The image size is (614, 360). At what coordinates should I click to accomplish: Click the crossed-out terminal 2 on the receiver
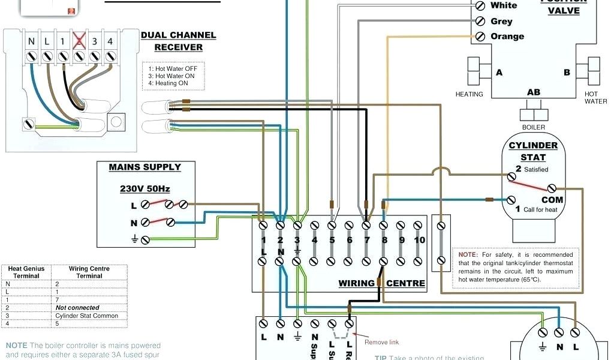pos(78,41)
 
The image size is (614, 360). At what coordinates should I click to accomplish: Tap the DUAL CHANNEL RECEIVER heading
pos(179,41)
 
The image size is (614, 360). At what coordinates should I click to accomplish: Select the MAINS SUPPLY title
pos(145,167)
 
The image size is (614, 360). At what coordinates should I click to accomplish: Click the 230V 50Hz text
pos(145,188)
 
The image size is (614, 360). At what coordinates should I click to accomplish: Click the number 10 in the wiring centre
pos(419,240)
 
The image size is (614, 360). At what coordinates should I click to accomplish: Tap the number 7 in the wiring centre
pos(366,241)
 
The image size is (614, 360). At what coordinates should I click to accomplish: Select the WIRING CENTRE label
pos(382,283)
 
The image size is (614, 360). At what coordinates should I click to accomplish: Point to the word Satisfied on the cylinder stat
pos(536,169)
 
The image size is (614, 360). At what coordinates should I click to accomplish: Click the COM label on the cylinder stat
pos(552,200)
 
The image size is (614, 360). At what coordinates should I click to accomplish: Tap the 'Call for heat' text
pos(540,209)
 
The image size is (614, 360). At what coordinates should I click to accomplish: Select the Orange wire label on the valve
pos(507,36)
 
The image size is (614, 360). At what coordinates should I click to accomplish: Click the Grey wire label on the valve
pos(501,21)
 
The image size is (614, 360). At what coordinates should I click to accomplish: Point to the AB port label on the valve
pos(533,92)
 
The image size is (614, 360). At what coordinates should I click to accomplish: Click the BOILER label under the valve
pos(533,127)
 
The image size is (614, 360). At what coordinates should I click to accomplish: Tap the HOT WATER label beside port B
pos(595,98)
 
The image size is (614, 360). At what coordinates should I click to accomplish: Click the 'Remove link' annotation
pos(381,343)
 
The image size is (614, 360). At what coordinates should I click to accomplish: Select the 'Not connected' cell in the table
pos(77,308)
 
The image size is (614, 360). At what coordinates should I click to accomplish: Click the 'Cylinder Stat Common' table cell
pos(86,316)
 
